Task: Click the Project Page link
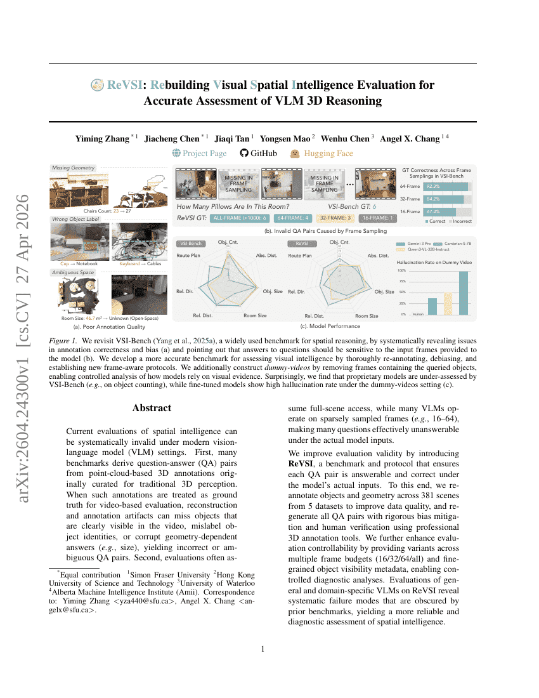pyautogui.click(x=199, y=153)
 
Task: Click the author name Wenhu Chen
pyautogui.click(x=346, y=138)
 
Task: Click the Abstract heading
pyautogui.click(x=152, y=408)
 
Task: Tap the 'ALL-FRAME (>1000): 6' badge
pyautogui.click(x=239, y=218)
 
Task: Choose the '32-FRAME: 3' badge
pyautogui.click(x=335, y=218)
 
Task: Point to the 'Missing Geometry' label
pyautogui.click(x=74, y=168)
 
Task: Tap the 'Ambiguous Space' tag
pyautogui.click(x=74, y=272)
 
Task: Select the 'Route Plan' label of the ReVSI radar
pyautogui.click(x=300, y=256)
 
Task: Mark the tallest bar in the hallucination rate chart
pyautogui.click(x=464, y=293)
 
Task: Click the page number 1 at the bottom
pyautogui.click(x=263, y=649)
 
